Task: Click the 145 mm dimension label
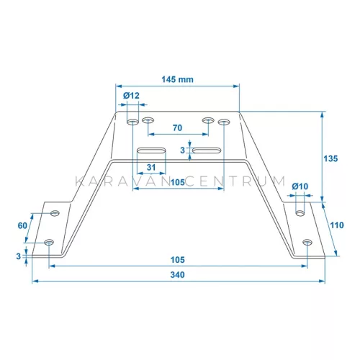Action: point(177,79)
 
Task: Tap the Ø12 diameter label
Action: point(131,96)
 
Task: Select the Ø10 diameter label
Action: point(300,186)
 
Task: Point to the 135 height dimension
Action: point(330,158)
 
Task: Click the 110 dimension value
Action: point(337,225)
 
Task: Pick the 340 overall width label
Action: point(178,275)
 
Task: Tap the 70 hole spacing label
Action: point(178,128)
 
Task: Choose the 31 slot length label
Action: point(151,167)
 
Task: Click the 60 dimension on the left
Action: point(22,225)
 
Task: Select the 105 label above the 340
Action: point(178,260)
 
